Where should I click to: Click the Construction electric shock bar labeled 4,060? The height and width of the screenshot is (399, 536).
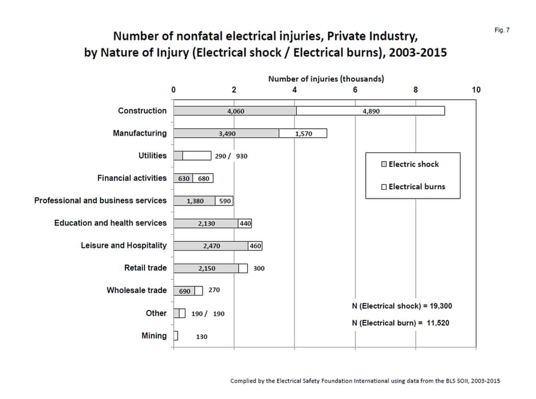pyautogui.click(x=235, y=111)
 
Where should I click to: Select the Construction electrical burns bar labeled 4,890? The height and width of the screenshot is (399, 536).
pyautogui.click(x=371, y=111)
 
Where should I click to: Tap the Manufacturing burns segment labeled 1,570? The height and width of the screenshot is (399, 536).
pyautogui.click(x=303, y=134)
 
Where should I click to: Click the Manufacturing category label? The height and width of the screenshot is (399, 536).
pyautogui.click(x=139, y=133)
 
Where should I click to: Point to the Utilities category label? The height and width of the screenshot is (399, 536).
pyautogui.click(x=152, y=156)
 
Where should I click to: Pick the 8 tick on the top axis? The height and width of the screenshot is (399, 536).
pyautogui.click(x=416, y=90)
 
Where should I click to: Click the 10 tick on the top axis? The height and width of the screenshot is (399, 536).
pyautogui.click(x=476, y=90)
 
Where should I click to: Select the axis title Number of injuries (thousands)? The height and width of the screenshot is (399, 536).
pyautogui.click(x=326, y=79)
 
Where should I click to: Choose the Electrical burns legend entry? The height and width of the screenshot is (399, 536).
pyautogui.click(x=413, y=187)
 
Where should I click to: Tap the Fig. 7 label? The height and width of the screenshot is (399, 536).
pyautogui.click(x=501, y=30)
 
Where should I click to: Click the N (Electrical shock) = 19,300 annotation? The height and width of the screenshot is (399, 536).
pyautogui.click(x=401, y=306)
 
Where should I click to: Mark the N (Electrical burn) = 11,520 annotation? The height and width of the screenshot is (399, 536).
pyautogui.click(x=400, y=323)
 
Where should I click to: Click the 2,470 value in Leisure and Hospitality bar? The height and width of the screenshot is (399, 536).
pyautogui.click(x=211, y=246)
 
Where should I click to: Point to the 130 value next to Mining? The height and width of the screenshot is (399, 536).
pyautogui.click(x=202, y=337)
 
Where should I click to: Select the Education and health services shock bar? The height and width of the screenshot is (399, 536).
pyautogui.click(x=206, y=223)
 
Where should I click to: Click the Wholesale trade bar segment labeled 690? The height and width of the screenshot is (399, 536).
pyautogui.click(x=185, y=291)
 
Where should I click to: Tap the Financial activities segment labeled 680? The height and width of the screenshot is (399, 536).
pyautogui.click(x=203, y=179)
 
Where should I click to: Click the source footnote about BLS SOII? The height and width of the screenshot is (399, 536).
pyautogui.click(x=365, y=381)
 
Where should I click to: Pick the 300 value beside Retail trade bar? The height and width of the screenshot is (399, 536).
pyautogui.click(x=259, y=268)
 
